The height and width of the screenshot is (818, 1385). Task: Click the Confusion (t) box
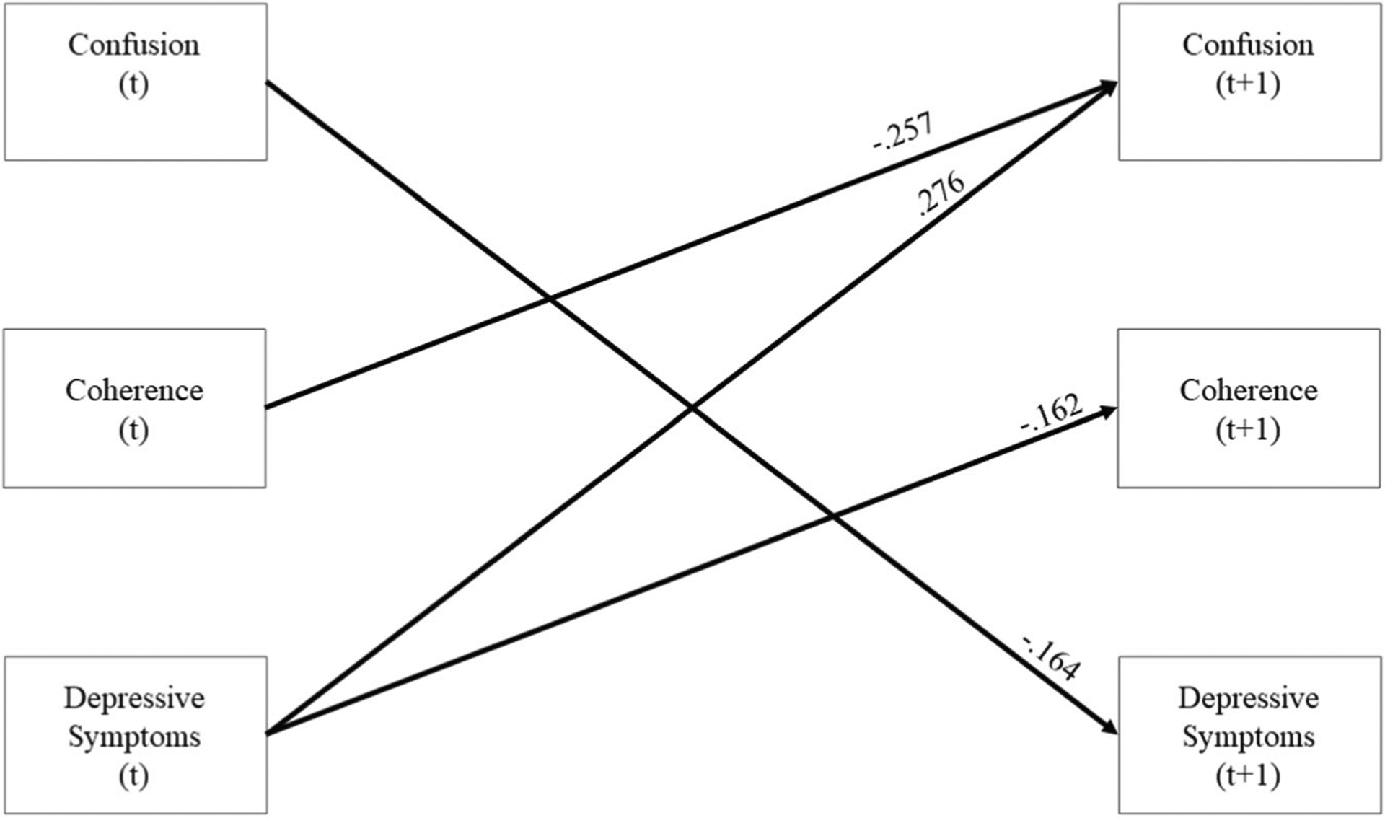pos(136,82)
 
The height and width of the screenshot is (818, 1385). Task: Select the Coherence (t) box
pos(135,408)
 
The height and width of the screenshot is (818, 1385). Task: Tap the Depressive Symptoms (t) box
pos(136,734)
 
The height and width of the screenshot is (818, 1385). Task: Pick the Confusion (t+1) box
pos(1249,82)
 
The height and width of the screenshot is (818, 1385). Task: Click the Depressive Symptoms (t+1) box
pos(1249,734)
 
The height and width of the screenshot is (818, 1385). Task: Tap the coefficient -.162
pos(1052,414)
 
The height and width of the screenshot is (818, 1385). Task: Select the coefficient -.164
pos(1051,657)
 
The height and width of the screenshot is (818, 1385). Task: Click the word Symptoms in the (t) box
pos(134,736)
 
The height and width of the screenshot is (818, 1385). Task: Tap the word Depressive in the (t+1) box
pos(1248,698)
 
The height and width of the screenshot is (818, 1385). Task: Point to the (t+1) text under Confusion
pos(1248,84)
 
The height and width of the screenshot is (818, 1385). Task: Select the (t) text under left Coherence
pos(133,430)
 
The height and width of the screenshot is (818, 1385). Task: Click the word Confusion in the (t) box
pos(134,45)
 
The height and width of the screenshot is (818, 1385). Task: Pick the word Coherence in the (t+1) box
pos(1248,390)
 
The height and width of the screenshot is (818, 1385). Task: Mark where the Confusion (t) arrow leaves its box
pos(268,84)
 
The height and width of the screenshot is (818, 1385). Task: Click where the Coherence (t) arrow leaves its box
pos(267,408)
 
